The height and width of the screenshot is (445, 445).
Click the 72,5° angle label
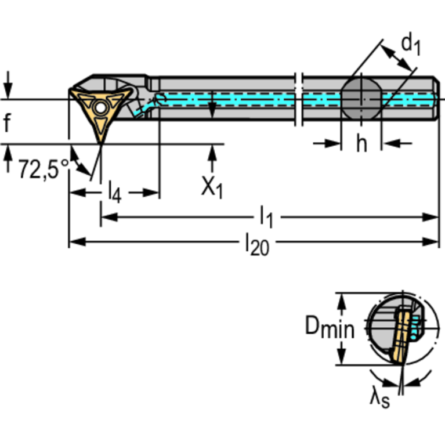tap(44, 169)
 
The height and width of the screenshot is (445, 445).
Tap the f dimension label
tap(7, 122)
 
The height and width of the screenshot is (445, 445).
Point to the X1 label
tap(212, 187)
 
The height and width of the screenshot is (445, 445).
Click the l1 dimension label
tap(266, 218)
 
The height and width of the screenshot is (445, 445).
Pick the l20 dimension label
tap(257, 244)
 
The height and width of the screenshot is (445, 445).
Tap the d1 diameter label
tap(411, 45)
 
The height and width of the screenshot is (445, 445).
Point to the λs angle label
tap(379, 399)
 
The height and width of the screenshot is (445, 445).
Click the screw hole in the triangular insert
tap(100, 108)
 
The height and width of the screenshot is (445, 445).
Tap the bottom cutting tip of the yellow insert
tap(101, 144)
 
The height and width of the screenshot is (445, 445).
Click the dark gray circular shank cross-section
tap(361, 99)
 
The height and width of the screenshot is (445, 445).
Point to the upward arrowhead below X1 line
tap(212, 153)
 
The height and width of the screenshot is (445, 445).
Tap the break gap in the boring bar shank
tap(298, 99)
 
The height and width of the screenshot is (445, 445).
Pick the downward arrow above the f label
tap(8, 85)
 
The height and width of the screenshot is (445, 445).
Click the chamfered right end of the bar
tap(437, 99)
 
